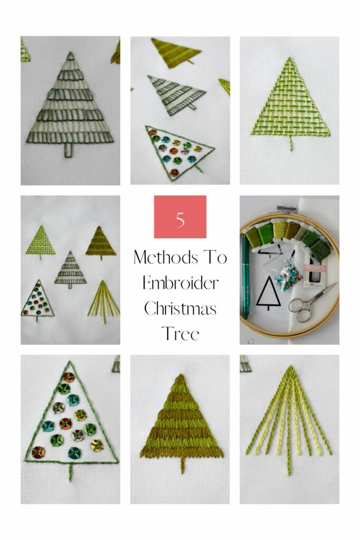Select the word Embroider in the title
(x=180, y=283)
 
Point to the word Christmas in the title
(x=180, y=308)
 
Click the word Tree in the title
(x=180, y=334)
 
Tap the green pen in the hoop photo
(x=246, y=275)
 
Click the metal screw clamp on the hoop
(x=287, y=209)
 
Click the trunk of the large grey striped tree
(x=69, y=149)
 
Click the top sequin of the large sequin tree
(x=68, y=378)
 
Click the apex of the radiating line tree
(x=291, y=367)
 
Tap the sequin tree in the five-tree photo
(x=37, y=300)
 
